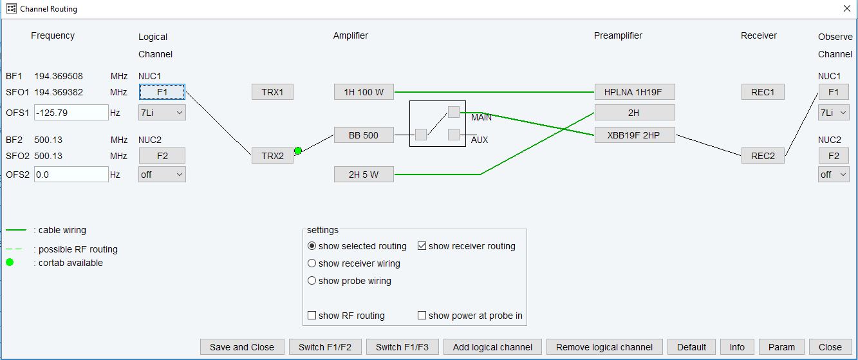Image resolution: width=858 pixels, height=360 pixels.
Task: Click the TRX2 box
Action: coord(272,156)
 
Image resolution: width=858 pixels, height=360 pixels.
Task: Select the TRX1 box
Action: coord(272,92)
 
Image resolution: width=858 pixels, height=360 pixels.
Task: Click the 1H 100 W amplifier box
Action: coord(364,92)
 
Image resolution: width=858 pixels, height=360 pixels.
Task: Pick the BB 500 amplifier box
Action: coord(364,135)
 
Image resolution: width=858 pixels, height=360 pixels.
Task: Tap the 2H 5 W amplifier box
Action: coord(364,175)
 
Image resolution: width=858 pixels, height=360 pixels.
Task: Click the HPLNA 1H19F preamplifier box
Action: coord(634,92)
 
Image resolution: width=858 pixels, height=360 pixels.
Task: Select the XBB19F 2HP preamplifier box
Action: coord(634,135)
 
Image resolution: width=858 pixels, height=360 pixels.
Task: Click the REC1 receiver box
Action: coord(763,92)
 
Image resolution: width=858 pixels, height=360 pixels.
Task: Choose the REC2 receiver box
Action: coord(763,156)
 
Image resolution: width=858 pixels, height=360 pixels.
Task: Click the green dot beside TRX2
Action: coord(298,151)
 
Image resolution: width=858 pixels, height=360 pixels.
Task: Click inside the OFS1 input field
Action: coord(71,113)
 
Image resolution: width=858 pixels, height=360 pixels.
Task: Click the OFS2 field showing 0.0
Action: coord(71,175)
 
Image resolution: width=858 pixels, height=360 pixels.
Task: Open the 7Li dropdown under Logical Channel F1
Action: coord(162,113)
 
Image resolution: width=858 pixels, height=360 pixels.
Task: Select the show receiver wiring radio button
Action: coord(312,263)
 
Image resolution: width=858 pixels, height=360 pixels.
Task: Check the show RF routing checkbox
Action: coord(312,315)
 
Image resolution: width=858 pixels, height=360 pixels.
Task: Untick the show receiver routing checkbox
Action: coord(422,246)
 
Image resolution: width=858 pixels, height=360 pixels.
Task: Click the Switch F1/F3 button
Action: coord(402,347)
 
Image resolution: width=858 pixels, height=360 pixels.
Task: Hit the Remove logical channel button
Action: coord(604,347)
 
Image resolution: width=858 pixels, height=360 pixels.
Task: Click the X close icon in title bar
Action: coord(847,8)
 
